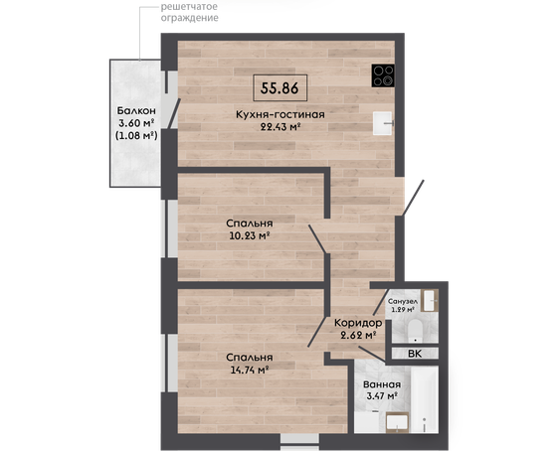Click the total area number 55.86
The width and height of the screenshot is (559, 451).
[279, 88]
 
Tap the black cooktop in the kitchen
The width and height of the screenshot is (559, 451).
[383, 75]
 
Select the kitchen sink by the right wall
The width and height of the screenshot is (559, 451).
[383, 123]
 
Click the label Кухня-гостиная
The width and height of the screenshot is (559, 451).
[280, 114]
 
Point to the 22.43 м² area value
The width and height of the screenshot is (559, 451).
[279, 127]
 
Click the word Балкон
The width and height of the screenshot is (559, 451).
[136, 110]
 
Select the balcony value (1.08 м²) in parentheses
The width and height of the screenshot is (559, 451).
[136, 135]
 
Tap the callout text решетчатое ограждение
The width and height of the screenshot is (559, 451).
[189, 12]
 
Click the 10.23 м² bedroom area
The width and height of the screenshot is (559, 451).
[249, 235]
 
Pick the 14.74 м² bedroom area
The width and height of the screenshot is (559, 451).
[250, 370]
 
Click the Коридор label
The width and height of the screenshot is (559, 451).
[358, 323]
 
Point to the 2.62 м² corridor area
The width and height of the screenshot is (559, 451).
[359, 335]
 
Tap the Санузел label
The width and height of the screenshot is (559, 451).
[403, 302]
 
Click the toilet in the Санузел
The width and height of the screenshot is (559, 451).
[415, 330]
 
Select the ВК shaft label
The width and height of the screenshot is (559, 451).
[415, 354]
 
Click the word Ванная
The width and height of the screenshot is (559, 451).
[382, 384]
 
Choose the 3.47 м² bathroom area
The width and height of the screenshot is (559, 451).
[382, 395]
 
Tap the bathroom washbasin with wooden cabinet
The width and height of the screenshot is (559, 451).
[397, 422]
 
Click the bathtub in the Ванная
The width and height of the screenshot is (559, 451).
[425, 399]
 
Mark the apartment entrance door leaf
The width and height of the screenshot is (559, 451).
[413, 198]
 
